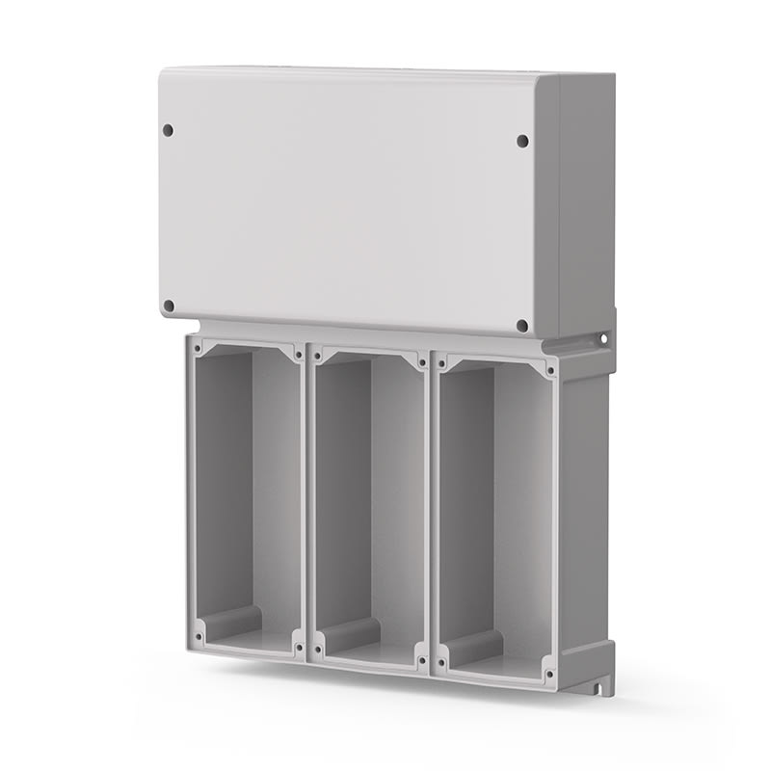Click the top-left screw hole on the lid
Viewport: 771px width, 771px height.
168,129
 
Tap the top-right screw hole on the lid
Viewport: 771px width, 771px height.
522,141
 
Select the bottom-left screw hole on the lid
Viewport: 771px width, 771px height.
169,306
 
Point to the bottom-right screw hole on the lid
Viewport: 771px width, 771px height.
522,326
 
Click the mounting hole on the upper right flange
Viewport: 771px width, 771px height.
604,338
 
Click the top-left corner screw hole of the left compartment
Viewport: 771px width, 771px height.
199,343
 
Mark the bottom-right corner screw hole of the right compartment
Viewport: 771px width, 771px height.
548,672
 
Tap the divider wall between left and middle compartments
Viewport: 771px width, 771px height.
306,501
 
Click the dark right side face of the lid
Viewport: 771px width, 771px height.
586,202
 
